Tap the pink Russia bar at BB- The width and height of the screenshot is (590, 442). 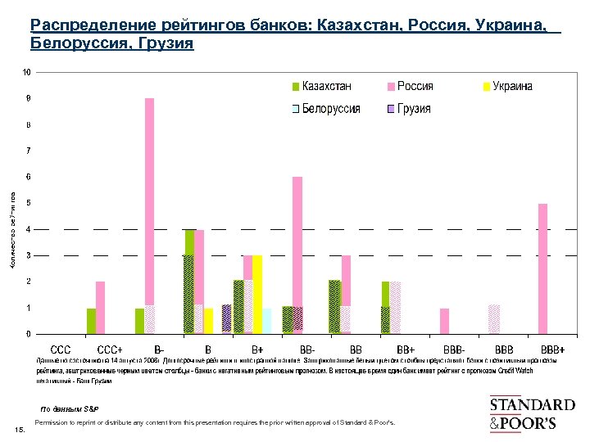[297, 255]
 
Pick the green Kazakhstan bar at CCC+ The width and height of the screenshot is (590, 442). [91, 321]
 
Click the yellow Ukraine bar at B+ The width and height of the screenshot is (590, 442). [257, 294]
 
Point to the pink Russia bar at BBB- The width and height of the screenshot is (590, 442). [444, 321]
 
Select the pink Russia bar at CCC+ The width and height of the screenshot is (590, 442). [100, 308]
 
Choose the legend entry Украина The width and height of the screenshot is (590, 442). [508, 86]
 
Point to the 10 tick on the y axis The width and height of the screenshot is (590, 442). [27, 72]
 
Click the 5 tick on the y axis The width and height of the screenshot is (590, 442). [29, 203]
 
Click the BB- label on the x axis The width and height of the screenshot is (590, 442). [307, 350]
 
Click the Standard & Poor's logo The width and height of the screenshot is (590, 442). [532, 414]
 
